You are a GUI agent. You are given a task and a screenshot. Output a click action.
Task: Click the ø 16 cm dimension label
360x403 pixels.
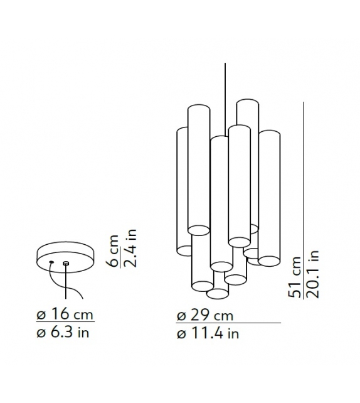(65, 314)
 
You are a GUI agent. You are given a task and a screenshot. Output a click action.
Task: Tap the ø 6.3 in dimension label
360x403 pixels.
(63, 332)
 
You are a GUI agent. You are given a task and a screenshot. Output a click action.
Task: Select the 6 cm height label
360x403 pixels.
(113, 250)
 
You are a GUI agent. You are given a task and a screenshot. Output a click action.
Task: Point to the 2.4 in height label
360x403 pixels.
(130, 248)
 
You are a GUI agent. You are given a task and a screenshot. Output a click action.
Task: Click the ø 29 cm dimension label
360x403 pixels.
(205, 315)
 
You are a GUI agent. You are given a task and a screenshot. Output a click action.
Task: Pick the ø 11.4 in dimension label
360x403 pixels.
(208, 334)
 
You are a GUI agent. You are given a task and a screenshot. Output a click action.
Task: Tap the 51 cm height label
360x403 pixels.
(295, 277)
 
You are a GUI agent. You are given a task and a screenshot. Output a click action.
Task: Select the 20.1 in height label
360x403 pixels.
(312, 274)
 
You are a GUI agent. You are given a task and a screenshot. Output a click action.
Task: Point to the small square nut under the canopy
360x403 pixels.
(66, 263)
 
